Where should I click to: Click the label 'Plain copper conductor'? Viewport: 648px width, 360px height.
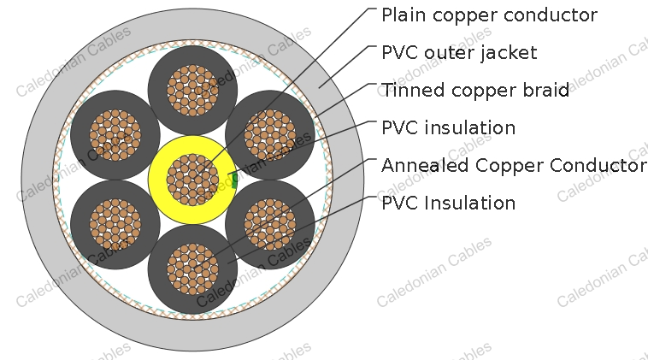(488, 15)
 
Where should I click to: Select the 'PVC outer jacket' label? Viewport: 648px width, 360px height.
(459, 53)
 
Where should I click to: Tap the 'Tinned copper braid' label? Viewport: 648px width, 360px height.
(474, 91)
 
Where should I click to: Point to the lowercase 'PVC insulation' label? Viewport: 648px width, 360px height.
(448, 128)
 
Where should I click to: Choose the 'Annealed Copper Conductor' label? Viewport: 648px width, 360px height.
(513, 165)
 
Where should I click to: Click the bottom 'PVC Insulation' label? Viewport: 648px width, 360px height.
(448, 203)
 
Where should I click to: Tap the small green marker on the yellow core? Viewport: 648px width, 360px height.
(234, 180)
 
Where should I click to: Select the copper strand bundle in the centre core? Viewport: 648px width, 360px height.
(192, 180)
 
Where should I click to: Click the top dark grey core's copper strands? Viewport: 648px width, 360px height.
(192, 90)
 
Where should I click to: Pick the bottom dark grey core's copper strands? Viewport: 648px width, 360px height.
(192, 269)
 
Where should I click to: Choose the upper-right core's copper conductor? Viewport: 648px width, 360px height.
(269, 135)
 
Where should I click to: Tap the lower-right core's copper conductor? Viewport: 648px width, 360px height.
(269, 224)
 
